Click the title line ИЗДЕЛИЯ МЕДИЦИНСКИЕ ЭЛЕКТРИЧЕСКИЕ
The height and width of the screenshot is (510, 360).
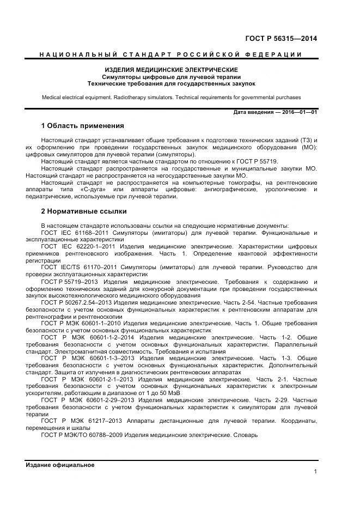[x=171, y=70]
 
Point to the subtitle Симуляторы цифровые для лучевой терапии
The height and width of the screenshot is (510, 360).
[x=171, y=77]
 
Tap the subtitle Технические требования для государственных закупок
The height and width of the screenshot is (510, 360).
[x=171, y=84]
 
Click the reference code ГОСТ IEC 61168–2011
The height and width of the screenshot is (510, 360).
[x=74, y=233]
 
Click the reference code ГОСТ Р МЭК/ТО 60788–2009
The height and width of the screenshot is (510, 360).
[x=82, y=435]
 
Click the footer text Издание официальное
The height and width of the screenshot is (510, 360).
[x=60, y=465]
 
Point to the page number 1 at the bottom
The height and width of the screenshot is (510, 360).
[x=315, y=472]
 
